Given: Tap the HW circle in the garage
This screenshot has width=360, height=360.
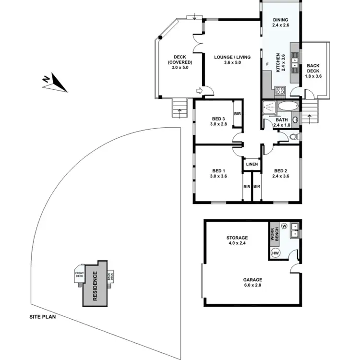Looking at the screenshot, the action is [x=276, y=253].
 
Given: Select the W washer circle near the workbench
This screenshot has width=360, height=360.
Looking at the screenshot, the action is [x=284, y=226].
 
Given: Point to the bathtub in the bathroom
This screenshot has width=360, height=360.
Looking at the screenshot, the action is [x=288, y=107].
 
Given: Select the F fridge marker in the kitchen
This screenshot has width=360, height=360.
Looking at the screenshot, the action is [x=267, y=64].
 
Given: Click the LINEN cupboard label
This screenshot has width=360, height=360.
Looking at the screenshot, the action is [x=252, y=165].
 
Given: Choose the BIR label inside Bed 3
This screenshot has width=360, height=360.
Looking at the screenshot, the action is [x=237, y=114].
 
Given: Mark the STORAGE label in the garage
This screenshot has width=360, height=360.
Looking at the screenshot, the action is [x=237, y=238].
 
